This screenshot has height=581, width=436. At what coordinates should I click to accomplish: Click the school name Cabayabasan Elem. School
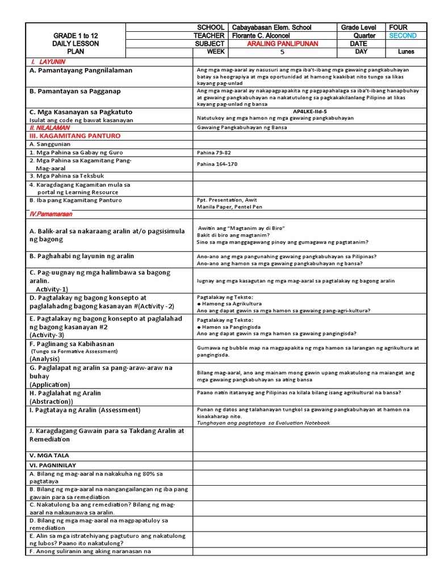(x=271, y=27)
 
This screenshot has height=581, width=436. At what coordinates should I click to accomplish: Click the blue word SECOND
(x=403, y=35)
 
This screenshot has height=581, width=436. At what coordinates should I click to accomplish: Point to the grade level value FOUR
(x=398, y=27)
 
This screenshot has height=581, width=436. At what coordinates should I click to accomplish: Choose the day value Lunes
(x=406, y=52)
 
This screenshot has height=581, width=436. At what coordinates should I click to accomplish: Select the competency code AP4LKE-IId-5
(x=309, y=112)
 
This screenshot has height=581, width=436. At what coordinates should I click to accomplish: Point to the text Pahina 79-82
(x=213, y=153)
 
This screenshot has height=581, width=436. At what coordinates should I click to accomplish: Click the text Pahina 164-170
(x=217, y=164)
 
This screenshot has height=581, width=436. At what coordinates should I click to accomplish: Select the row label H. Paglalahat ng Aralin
(x=65, y=393)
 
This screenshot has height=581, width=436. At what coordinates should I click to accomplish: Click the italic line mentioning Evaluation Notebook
(x=263, y=423)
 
